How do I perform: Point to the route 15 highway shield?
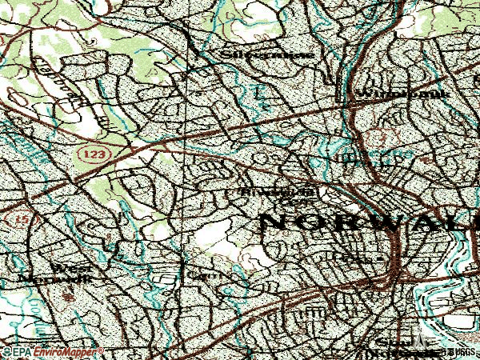(11, 218)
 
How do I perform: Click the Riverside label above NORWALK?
(272, 192)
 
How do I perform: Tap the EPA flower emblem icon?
(6, 352)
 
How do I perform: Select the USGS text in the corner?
(466, 352)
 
